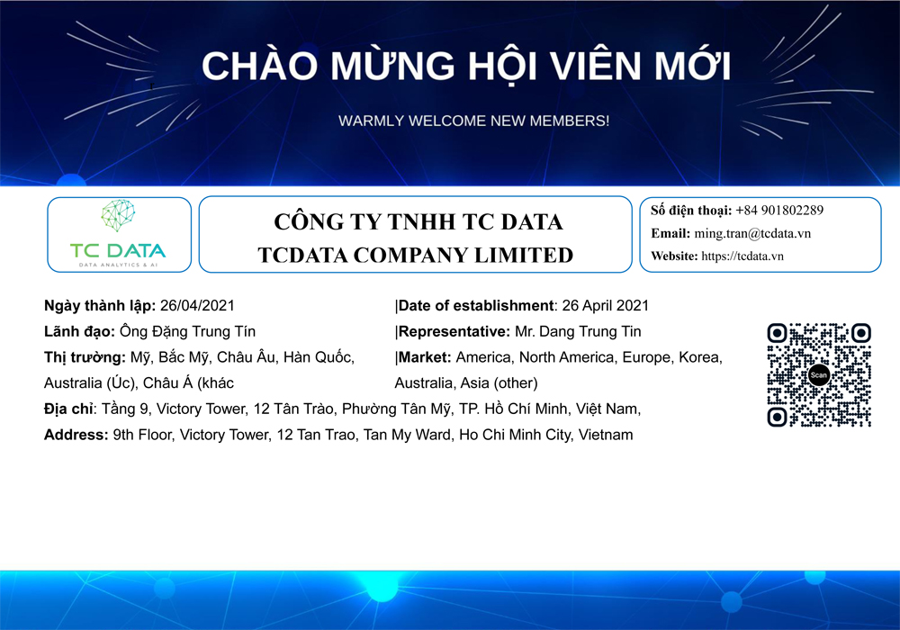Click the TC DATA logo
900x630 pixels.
point(118,233)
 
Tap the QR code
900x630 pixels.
point(819,375)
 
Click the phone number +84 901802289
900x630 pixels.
point(779,211)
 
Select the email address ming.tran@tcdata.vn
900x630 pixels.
point(752,233)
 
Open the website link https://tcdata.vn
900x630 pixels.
point(742,256)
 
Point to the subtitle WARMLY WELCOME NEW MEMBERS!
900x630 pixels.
point(473,121)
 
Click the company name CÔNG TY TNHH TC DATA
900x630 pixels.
point(418,221)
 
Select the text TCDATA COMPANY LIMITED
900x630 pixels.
point(416,255)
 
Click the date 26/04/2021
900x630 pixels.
point(197,305)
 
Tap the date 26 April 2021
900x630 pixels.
point(605,305)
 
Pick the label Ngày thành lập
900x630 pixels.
point(99,306)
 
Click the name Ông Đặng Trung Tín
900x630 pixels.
point(187,331)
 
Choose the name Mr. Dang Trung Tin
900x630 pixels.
point(578,331)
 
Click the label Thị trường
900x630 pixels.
point(85,357)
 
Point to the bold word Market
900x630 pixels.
point(424,357)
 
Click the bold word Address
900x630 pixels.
point(76,435)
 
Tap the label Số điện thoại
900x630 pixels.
point(690,211)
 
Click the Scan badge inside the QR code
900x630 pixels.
point(819,375)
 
